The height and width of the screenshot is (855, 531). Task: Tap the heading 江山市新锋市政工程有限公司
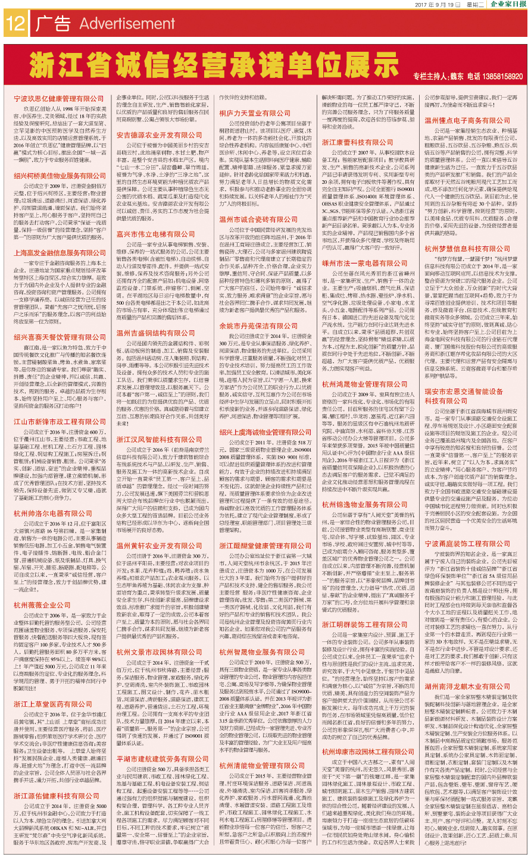tap(60, 422)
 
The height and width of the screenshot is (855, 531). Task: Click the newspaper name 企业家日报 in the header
tap(508, 4)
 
